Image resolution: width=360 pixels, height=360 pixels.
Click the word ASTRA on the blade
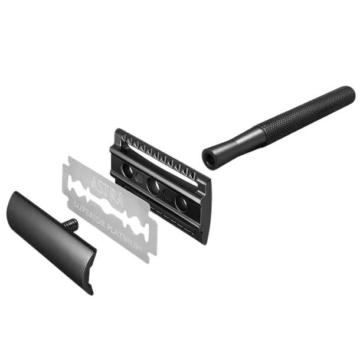pyautogui.click(x=107, y=191)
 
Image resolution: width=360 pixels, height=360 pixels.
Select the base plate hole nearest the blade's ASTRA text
pyautogui.click(x=127, y=171)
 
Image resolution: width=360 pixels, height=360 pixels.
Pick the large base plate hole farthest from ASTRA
pyautogui.click(x=181, y=202)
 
